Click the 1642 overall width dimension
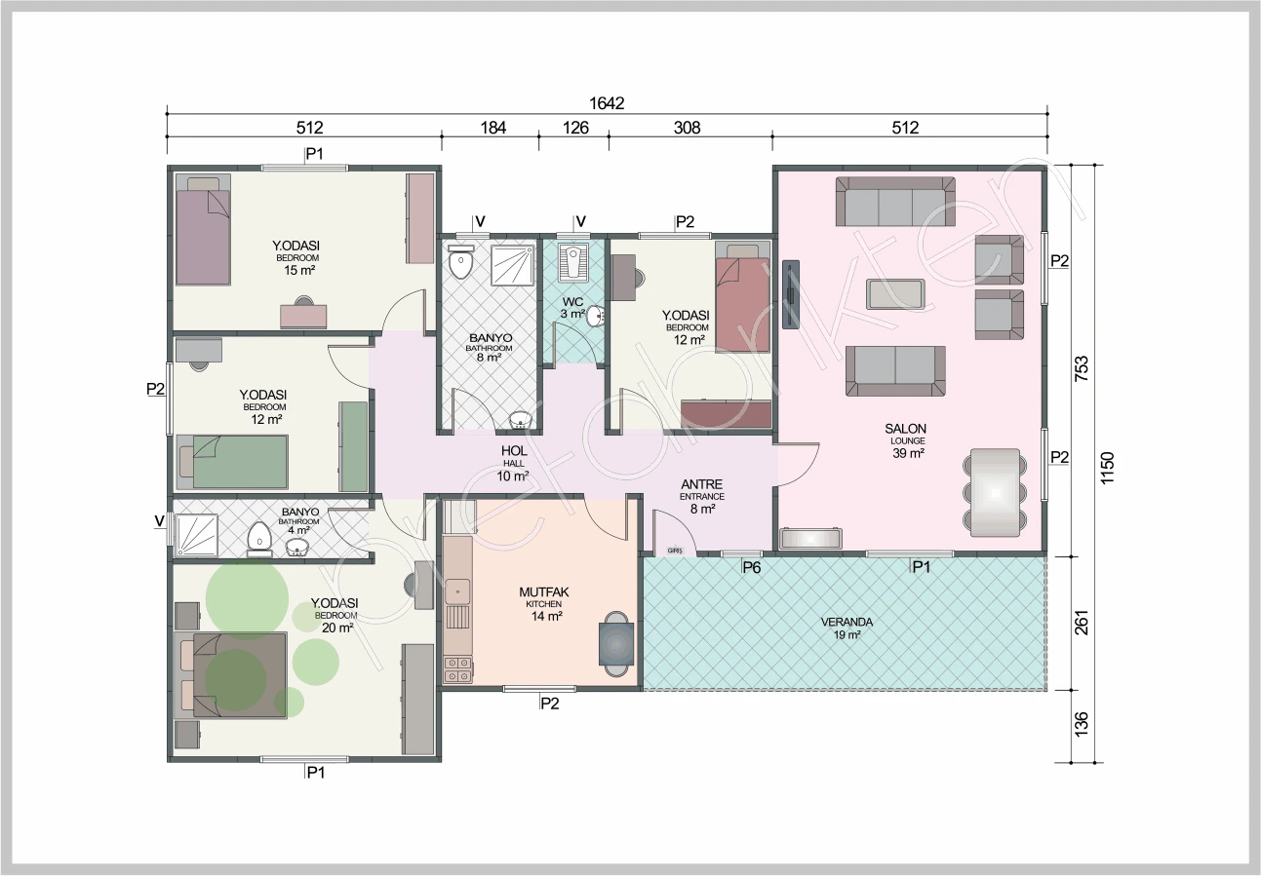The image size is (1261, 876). [607, 103]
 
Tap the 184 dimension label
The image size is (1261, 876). [493, 128]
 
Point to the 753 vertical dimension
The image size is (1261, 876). [1082, 368]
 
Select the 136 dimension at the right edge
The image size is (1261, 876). [1082, 724]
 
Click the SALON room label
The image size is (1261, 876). [905, 429]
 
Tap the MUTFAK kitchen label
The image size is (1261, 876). [544, 591]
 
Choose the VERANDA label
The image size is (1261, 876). [847, 622]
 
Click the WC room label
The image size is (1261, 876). [572, 301]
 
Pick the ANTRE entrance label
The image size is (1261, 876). [701, 484]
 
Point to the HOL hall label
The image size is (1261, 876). [514, 450]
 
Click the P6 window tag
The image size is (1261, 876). [752, 568]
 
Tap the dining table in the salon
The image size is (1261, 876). [995, 492]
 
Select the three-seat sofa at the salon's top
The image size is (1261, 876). [895, 202]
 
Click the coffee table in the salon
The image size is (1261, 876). [895, 293]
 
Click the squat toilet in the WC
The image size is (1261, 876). [573, 262]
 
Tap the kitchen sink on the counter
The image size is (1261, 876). [457, 591]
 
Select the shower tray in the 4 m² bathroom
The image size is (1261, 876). [197, 535]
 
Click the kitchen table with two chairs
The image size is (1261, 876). [615, 644]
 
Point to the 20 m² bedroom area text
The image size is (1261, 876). [337, 628]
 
